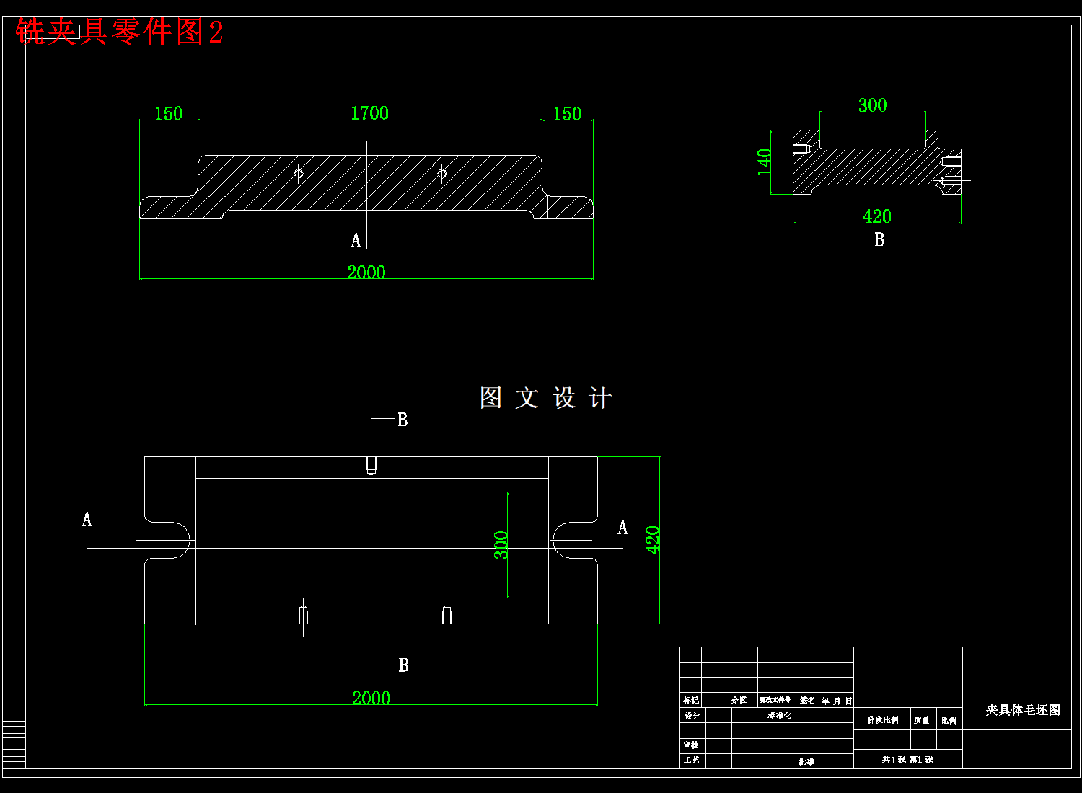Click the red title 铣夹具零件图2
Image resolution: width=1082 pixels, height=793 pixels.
(x=120, y=32)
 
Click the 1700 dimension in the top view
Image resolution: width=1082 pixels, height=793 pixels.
(x=369, y=113)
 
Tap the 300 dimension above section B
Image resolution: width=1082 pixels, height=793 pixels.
(x=872, y=105)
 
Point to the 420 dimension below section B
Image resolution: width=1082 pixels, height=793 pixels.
(x=876, y=216)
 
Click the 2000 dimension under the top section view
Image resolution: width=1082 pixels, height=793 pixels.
(x=366, y=272)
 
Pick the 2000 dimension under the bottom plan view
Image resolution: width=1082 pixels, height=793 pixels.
(x=371, y=698)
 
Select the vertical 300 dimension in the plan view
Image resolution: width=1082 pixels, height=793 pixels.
(x=501, y=545)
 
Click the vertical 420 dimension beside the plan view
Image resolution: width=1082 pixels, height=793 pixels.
(x=653, y=540)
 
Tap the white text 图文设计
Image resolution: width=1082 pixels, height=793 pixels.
(x=546, y=398)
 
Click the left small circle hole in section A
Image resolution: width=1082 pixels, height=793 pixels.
(x=299, y=173)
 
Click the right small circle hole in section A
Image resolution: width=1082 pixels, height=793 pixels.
(x=442, y=173)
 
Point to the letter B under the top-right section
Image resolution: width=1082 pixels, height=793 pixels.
(x=879, y=239)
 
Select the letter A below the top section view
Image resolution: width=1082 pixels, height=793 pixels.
(x=356, y=241)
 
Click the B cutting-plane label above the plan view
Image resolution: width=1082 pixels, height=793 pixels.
(x=403, y=420)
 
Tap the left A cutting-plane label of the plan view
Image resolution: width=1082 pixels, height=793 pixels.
(x=87, y=519)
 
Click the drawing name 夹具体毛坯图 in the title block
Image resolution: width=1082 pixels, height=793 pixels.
(x=1023, y=710)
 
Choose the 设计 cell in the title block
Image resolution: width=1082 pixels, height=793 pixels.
(x=692, y=716)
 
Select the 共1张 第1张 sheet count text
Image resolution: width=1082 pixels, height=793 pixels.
(x=907, y=759)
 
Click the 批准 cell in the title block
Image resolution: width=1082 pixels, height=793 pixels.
(x=806, y=761)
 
